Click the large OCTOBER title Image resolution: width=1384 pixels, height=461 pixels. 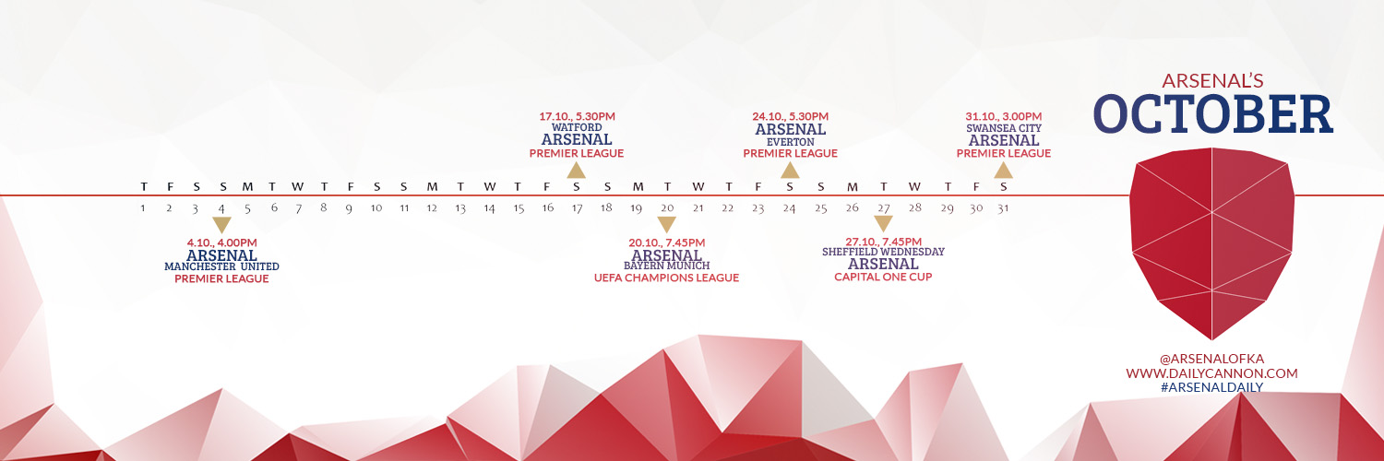point(1213,114)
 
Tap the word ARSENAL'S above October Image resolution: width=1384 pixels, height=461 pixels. point(1212,81)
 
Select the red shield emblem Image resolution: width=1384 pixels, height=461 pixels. point(1211,243)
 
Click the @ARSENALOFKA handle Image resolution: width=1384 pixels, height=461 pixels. point(1211,359)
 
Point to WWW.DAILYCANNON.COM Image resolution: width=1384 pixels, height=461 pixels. point(1211,373)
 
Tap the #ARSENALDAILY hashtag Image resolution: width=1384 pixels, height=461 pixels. point(1211,387)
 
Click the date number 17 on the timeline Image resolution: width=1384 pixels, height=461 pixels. point(577,208)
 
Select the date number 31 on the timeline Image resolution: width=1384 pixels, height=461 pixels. point(1003,208)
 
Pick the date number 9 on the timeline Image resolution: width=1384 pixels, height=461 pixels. point(349,208)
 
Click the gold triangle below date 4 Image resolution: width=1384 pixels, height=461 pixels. point(221,224)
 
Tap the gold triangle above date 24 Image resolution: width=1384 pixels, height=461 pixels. point(790,171)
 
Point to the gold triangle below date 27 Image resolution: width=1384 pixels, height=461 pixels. point(884,223)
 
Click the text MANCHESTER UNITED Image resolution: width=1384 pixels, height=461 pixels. point(221,266)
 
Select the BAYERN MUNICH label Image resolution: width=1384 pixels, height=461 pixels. point(667,266)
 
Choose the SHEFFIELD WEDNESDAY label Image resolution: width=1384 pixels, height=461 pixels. point(883,252)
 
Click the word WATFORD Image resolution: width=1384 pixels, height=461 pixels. point(577,128)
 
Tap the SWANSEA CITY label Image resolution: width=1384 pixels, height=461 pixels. point(1004,128)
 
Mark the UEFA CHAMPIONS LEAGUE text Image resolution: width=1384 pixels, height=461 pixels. point(667,278)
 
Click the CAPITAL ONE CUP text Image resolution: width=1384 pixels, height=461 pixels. point(883,278)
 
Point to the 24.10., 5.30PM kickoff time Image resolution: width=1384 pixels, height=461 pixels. point(790,116)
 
